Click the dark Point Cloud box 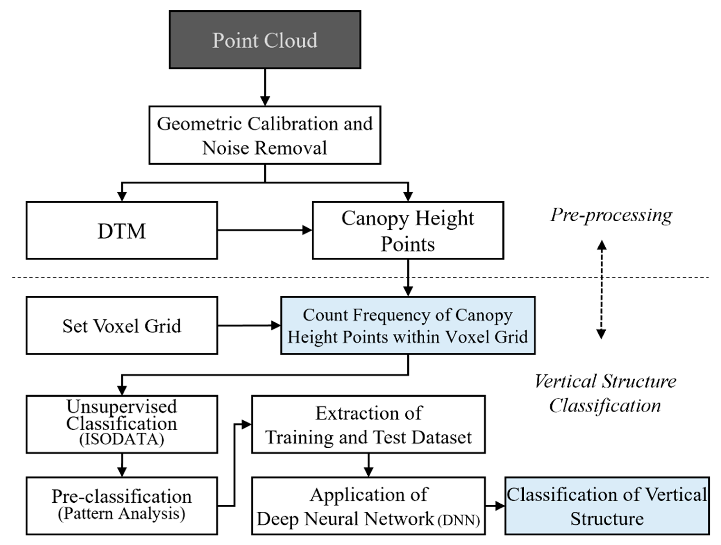pyautogui.click(x=265, y=40)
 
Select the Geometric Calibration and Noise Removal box pyautogui.click(x=265, y=135)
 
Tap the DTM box pyautogui.click(x=122, y=230)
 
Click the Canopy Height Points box pyautogui.click(x=408, y=230)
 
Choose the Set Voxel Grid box pyautogui.click(x=122, y=325)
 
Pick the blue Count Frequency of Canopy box pyautogui.click(x=408, y=325)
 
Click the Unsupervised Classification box pyautogui.click(x=122, y=424)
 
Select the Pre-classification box pyautogui.click(x=122, y=506)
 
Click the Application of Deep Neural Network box pyautogui.click(x=368, y=506)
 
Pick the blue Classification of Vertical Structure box pyautogui.click(x=607, y=506)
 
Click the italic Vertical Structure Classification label pyautogui.click(x=605, y=393)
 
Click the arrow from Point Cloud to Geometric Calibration pyautogui.click(x=265, y=87)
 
